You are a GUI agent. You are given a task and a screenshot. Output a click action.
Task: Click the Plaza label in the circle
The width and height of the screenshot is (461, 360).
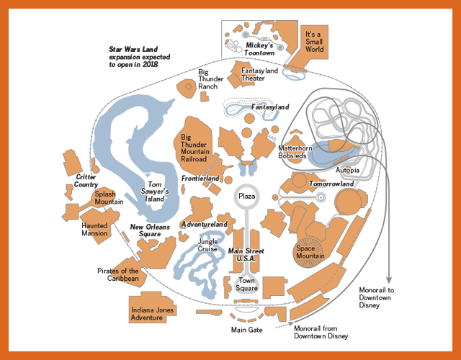(246, 196)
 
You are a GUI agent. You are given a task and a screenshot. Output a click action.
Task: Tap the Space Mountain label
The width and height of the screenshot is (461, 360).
(310, 252)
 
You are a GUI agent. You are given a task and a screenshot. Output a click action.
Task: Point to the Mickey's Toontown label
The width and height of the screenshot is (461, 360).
(259, 49)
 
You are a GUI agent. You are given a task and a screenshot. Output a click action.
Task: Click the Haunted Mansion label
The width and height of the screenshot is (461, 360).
(94, 230)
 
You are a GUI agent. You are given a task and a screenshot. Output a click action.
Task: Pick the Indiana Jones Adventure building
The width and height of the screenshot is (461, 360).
(152, 307)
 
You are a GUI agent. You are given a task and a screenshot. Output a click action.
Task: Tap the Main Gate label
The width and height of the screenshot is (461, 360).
(246, 330)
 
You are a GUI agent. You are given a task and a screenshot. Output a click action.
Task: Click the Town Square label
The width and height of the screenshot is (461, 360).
(246, 284)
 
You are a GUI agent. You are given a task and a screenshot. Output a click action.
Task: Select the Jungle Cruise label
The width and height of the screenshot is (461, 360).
(207, 245)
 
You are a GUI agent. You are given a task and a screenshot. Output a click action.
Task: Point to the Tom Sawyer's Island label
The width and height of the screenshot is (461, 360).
(155, 192)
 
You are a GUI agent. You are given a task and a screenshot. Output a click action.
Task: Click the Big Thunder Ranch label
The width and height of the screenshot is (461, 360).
(210, 79)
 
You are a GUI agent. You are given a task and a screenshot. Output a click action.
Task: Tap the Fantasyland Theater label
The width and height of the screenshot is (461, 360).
(259, 74)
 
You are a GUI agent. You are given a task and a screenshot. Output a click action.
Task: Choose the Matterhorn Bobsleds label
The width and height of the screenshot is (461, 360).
(295, 152)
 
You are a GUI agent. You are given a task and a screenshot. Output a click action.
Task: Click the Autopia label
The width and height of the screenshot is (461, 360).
(347, 170)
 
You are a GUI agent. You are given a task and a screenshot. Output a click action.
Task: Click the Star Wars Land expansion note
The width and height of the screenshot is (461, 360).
(139, 57)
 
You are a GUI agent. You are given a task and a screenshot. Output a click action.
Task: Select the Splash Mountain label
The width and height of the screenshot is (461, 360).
(109, 198)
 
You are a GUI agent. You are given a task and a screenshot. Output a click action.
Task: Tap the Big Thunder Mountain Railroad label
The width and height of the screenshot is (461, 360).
(195, 148)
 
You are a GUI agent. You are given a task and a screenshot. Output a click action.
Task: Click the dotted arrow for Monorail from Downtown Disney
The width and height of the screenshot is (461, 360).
(284, 325)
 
